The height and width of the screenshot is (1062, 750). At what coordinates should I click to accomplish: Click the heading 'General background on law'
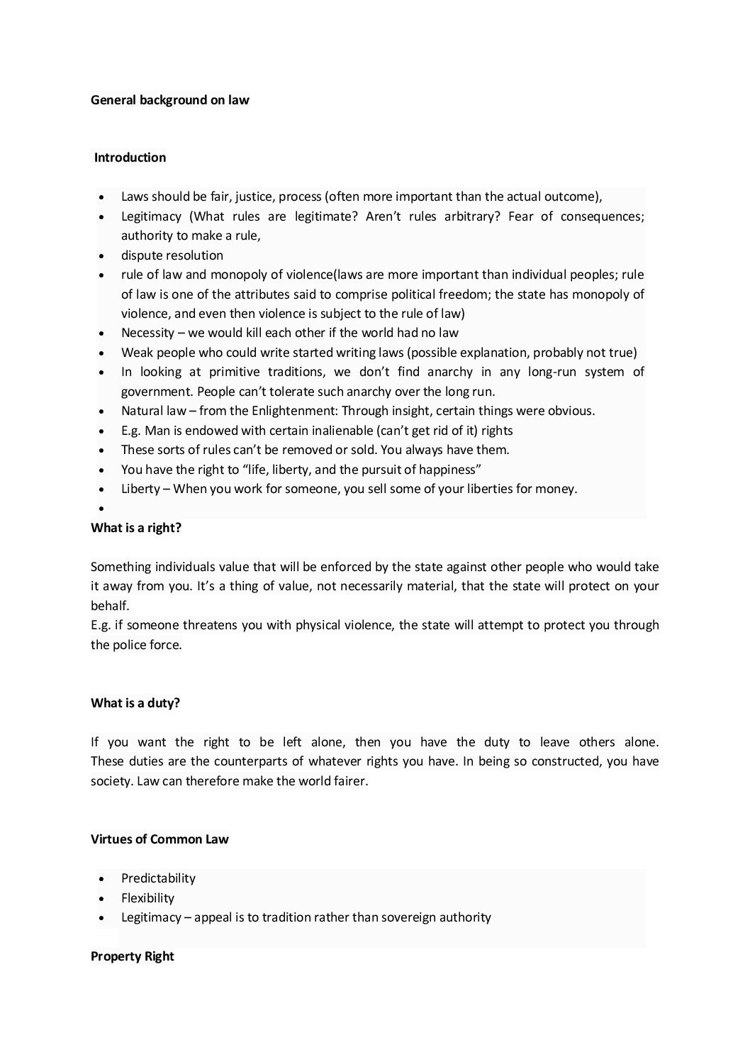170,100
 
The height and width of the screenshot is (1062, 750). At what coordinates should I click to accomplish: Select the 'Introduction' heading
130,157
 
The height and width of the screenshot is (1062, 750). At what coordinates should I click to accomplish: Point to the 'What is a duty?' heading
135,703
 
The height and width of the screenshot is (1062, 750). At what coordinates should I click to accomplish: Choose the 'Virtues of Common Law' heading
159,839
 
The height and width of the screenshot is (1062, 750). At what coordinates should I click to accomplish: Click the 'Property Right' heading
133,956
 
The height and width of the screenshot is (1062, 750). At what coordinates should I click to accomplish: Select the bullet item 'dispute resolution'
172,255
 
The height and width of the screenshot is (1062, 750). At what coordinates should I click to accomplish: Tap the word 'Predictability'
158,878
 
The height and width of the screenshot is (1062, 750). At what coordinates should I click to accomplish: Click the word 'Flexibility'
147,897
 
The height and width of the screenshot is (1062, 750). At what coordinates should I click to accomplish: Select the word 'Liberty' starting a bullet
140,489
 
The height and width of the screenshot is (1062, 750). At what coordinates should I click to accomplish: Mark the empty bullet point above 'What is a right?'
103,509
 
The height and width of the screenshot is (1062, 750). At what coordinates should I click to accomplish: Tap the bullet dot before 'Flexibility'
103,898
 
